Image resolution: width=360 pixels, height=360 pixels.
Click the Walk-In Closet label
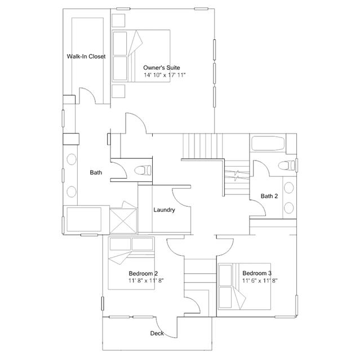[x=86, y=56]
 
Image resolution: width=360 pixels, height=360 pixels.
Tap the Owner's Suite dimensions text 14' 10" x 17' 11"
[x=165, y=75]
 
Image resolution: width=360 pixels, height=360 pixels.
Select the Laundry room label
[x=164, y=210]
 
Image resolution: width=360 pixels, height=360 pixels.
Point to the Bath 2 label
[x=269, y=196]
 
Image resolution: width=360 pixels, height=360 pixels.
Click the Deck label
[x=157, y=334]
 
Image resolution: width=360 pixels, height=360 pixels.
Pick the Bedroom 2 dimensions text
[x=146, y=281]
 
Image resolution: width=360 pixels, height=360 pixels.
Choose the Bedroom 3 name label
[x=257, y=273]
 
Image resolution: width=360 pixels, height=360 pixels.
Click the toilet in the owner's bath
[x=143, y=170]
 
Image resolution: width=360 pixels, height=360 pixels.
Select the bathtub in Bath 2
[x=268, y=144]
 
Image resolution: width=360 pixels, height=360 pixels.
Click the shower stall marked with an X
[x=123, y=221]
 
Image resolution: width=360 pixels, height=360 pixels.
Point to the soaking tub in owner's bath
[x=84, y=220]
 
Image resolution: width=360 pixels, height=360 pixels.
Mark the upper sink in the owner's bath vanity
[x=72, y=159]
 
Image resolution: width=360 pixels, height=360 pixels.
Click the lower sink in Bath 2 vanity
[x=288, y=208]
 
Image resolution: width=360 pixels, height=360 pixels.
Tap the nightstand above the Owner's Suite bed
[x=118, y=21]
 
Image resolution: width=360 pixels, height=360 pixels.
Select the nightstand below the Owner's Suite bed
[x=118, y=91]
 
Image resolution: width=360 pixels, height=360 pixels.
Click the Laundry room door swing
[x=181, y=198]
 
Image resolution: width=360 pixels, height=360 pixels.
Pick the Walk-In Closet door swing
[x=88, y=96]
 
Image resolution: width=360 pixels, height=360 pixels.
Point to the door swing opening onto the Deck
[x=166, y=328]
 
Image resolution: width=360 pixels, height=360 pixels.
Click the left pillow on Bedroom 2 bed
[x=121, y=244]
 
